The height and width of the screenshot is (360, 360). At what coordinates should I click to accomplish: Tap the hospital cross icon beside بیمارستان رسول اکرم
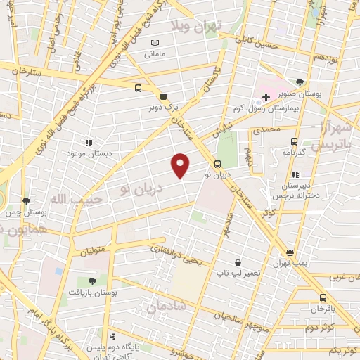(x=266, y=96)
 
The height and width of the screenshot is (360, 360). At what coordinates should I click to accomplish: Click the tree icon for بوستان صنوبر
(x=300, y=82)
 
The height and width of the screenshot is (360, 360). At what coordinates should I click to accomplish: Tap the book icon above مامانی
(x=155, y=43)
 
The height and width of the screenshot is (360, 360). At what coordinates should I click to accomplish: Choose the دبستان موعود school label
(x=86, y=153)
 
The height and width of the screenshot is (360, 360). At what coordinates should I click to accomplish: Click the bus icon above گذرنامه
(x=294, y=141)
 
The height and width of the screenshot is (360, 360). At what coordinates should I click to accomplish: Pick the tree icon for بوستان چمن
(x=26, y=200)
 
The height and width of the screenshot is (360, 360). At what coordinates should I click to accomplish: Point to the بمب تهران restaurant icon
(x=290, y=252)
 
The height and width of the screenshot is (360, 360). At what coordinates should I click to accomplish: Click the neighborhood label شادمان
(x=166, y=307)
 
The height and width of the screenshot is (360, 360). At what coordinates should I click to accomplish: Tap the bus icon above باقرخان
(x=323, y=297)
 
